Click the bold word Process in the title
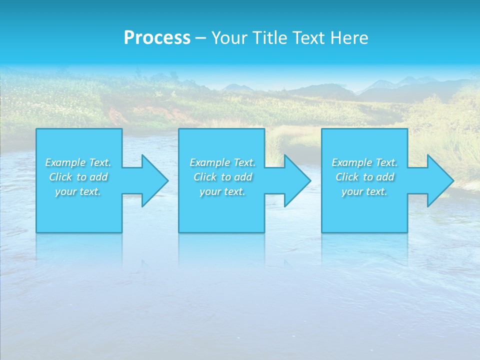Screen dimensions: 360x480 pyautogui.click(x=157, y=38)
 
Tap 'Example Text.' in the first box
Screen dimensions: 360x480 pyautogui.click(x=78, y=162)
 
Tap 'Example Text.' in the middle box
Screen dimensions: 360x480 pyautogui.click(x=222, y=162)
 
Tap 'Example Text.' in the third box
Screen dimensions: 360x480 pyautogui.click(x=364, y=162)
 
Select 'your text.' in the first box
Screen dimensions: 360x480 pyautogui.click(x=78, y=191)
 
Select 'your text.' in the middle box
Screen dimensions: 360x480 pyautogui.click(x=222, y=191)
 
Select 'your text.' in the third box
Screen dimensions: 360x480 pyautogui.click(x=364, y=191)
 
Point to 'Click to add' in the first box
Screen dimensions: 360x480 pyautogui.click(x=78, y=177)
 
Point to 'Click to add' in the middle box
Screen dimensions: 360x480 pyautogui.click(x=222, y=177)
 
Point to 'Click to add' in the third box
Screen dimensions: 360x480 pyautogui.click(x=364, y=177)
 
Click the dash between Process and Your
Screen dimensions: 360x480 pyautogui.click(x=200, y=38)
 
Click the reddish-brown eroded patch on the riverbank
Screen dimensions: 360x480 pyautogui.click(x=120, y=116)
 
